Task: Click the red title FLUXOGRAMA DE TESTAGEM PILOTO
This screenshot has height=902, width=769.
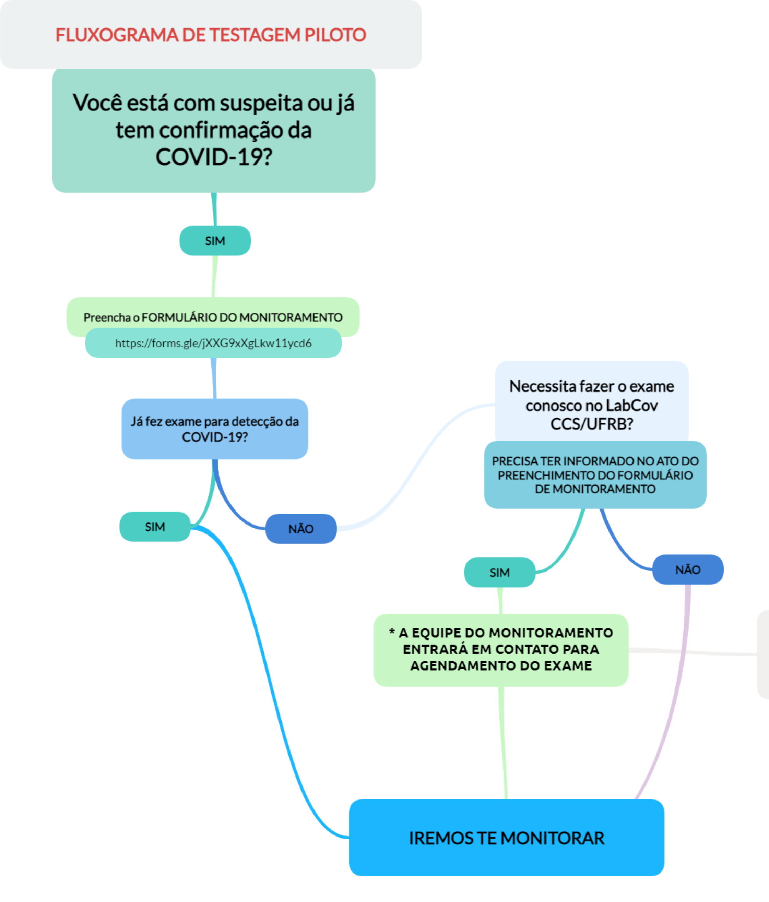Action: [x=211, y=35]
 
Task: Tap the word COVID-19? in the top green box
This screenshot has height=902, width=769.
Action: [x=213, y=157]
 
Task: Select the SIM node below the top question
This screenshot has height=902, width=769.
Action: [x=215, y=241]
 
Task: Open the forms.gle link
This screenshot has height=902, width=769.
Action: [x=213, y=344]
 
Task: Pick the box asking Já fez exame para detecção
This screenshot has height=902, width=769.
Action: [x=215, y=429]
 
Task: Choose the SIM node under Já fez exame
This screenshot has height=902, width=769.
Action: [x=155, y=527]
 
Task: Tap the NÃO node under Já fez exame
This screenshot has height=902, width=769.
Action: [x=301, y=529]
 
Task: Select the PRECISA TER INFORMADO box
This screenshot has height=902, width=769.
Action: [x=595, y=475]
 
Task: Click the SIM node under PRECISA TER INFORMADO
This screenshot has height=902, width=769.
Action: [x=499, y=573]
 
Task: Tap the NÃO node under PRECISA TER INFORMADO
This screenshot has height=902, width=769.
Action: [x=688, y=569]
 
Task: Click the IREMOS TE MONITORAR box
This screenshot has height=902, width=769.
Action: [x=506, y=838]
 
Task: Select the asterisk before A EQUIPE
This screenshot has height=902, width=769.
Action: [x=392, y=632]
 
